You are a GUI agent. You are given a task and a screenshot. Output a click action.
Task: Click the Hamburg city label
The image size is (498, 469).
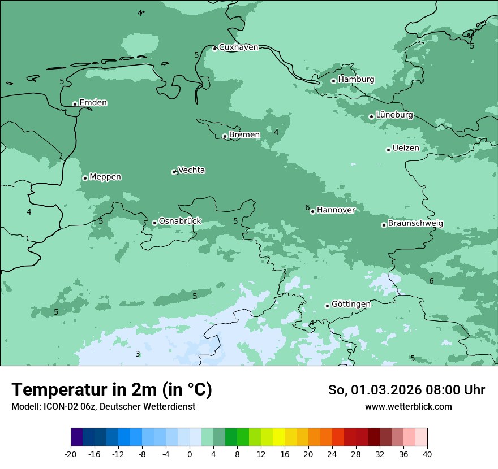pos(356,80)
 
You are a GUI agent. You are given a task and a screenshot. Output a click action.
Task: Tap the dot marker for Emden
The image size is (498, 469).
pos(75,104)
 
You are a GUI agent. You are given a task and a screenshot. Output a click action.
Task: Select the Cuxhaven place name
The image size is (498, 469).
pos(238,47)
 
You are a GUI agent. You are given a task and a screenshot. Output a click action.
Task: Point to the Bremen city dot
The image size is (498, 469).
pos(225,136)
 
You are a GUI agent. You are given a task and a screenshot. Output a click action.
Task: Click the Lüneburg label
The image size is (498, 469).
pos(394,115)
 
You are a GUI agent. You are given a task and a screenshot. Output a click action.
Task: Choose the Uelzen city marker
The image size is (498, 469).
pos(388,150)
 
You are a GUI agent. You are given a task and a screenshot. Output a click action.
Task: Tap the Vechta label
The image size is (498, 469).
pos(191,170)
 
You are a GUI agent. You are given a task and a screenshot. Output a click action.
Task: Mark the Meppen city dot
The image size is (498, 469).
pos(85,178)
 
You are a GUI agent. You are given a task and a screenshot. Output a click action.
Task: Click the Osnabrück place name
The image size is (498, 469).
pos(180,221)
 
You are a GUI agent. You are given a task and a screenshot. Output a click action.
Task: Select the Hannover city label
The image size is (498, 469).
pos(336,210)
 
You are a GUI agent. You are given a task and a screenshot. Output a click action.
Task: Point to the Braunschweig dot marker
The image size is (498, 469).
pos(384,225)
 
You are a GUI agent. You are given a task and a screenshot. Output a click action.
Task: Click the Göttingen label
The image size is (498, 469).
pos(351,304)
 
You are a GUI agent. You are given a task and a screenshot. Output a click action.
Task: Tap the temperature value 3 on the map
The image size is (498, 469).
pos(138,354)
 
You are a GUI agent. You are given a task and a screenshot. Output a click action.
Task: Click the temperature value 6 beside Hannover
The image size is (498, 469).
pos(307,208)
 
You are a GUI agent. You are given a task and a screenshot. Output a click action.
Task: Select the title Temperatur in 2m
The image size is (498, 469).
pos(111,389)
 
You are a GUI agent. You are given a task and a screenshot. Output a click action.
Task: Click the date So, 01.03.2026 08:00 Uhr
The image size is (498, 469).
pos(406,390)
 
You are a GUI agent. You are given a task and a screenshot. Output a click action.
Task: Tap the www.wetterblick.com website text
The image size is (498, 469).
pos(408,407)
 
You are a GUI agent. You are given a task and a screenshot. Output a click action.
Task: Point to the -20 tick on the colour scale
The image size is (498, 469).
pos(71,454)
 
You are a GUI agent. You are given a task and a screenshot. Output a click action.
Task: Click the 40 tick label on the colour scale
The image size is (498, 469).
pos(427,454)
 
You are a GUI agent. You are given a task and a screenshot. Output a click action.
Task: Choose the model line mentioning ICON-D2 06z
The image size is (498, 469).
pos(103,407)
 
